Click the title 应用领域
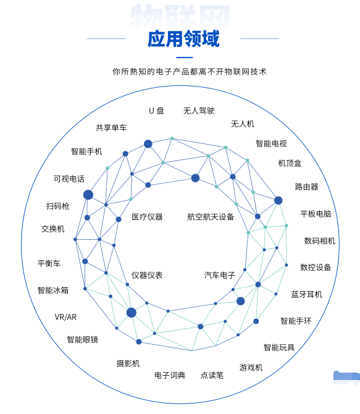click(183, 39)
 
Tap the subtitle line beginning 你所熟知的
click(190, 72)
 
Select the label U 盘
click(156, 111)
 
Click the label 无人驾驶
click(199, 111)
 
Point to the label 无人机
click(243, 124)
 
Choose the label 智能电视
click(271, 143)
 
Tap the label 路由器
click(306, 187)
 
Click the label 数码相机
click(320, 241)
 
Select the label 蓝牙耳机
click(307, 294)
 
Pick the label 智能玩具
click(279, 347)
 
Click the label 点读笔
click(212, 375)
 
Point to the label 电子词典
click(170, 375)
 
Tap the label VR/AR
click(65, 317)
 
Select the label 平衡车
click(49, 263)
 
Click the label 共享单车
click(111, 127)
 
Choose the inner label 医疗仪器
click(147, 217)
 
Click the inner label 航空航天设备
click(211, 217)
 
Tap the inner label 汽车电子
click(220, 275)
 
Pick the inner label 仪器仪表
click(147, 275)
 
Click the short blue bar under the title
click(185, 57)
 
